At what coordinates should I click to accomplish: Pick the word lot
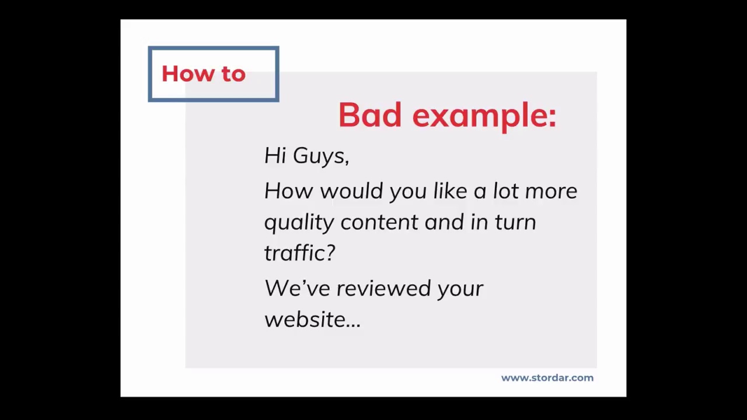(505, 191)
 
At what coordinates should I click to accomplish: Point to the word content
(379, 222)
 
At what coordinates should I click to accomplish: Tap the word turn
(515, 222)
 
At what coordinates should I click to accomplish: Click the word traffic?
(299, 253)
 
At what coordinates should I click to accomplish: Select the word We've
(297, 288)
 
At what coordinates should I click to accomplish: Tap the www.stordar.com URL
(547, 378)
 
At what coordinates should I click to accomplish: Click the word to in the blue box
(233, 74)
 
